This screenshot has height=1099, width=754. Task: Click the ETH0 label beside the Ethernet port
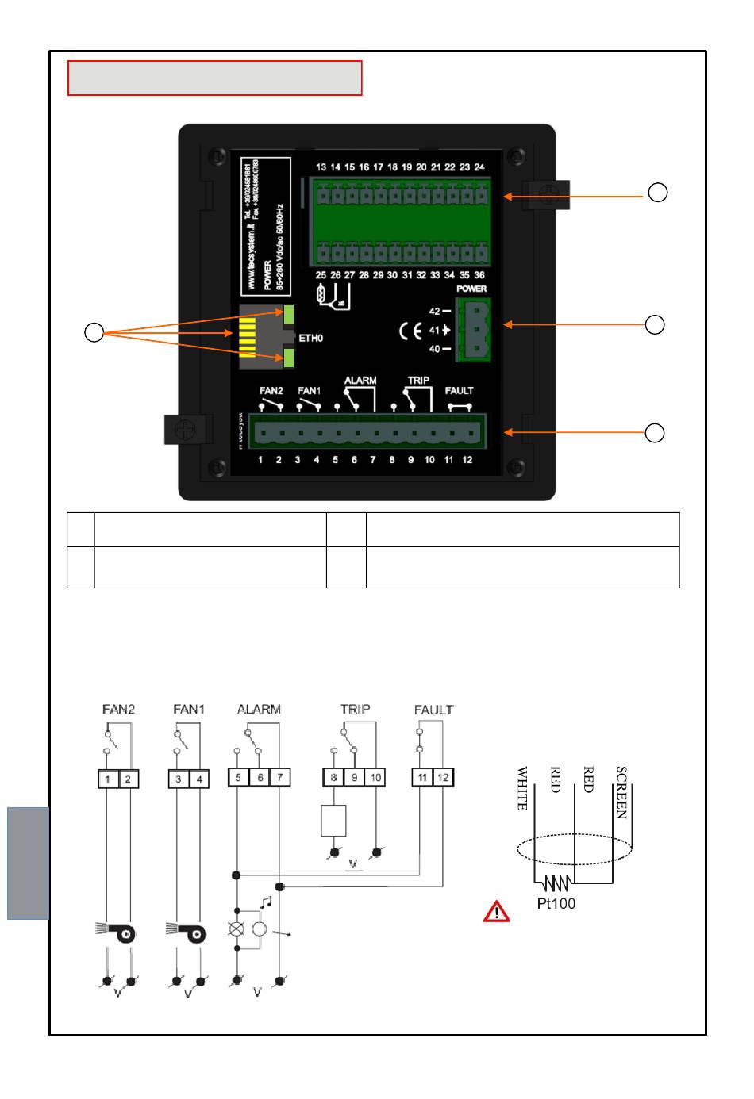[x=310, y=339]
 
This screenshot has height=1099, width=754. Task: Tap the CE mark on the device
[x=410, y=331]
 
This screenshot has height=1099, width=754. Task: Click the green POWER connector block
[x=473, y=330]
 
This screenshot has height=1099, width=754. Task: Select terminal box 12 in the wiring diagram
[x=443, y=778]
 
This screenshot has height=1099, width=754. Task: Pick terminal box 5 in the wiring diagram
[x=238, y=778]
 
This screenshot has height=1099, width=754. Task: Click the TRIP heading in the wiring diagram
[x=355, y=709]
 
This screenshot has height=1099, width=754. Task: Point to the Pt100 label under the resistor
[x=556, y=903]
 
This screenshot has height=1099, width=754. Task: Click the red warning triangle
[x=496, y=912]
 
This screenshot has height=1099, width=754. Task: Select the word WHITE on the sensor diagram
[x=521, y=788]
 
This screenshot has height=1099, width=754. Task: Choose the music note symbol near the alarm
[x=266, y=902]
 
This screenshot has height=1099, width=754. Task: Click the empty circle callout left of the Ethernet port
[x=94, y=333]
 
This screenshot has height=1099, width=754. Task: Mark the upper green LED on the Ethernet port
[x=289, y=314]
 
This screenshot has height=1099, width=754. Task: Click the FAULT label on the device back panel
[x=459, y=391]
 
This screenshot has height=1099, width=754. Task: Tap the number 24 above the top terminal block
[x=479, y=167]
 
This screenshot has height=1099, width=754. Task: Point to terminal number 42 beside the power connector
[x=434, y=312]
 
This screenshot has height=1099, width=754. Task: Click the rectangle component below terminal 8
[x=333, y=821]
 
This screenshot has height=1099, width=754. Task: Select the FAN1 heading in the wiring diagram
[x=188, y=709]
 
